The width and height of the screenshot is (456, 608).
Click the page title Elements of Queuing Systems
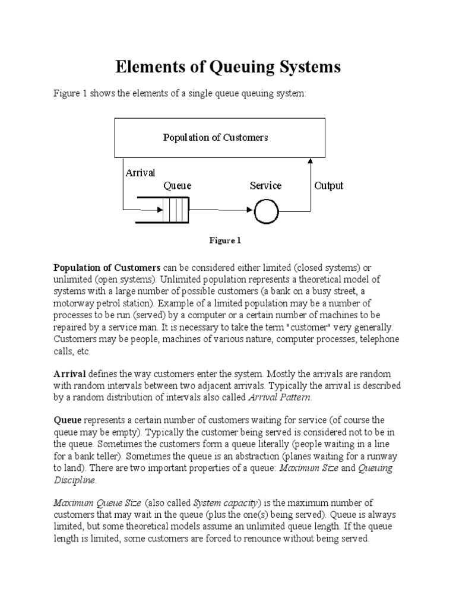click(227, 67)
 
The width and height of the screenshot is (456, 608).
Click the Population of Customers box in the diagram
click(216, 137)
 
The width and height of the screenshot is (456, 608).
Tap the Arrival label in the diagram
click(140, 173)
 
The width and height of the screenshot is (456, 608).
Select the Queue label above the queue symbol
click(177, 186)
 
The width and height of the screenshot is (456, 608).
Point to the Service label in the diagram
click(265, 186)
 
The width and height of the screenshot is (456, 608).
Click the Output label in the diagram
click(328, 186)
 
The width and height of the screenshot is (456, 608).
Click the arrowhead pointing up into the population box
click(310, 161)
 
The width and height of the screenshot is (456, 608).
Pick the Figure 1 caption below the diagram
click(224, 240)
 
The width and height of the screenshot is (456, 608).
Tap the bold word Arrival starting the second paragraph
click(70, 373)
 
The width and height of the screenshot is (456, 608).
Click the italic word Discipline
click(75, 480)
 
